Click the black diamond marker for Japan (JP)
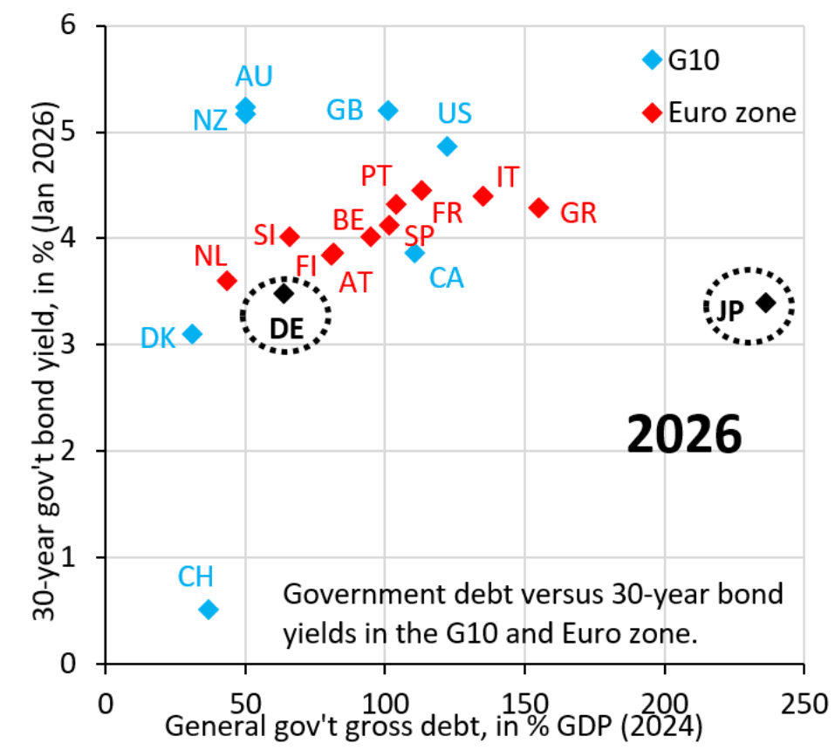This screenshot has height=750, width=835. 765,303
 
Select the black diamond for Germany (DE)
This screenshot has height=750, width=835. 284,294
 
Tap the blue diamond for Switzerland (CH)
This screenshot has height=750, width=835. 208,610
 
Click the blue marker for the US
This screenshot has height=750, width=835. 447,147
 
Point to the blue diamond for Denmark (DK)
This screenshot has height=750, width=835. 193,334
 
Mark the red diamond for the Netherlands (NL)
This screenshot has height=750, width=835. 227,281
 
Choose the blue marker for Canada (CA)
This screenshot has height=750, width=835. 414,253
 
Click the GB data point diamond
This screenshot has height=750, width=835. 388,110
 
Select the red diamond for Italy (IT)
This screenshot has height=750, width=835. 483,196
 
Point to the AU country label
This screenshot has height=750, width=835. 254,77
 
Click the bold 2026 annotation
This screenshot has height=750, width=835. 684,433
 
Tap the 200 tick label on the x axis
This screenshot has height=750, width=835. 665,702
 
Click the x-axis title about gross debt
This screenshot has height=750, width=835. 434,726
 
